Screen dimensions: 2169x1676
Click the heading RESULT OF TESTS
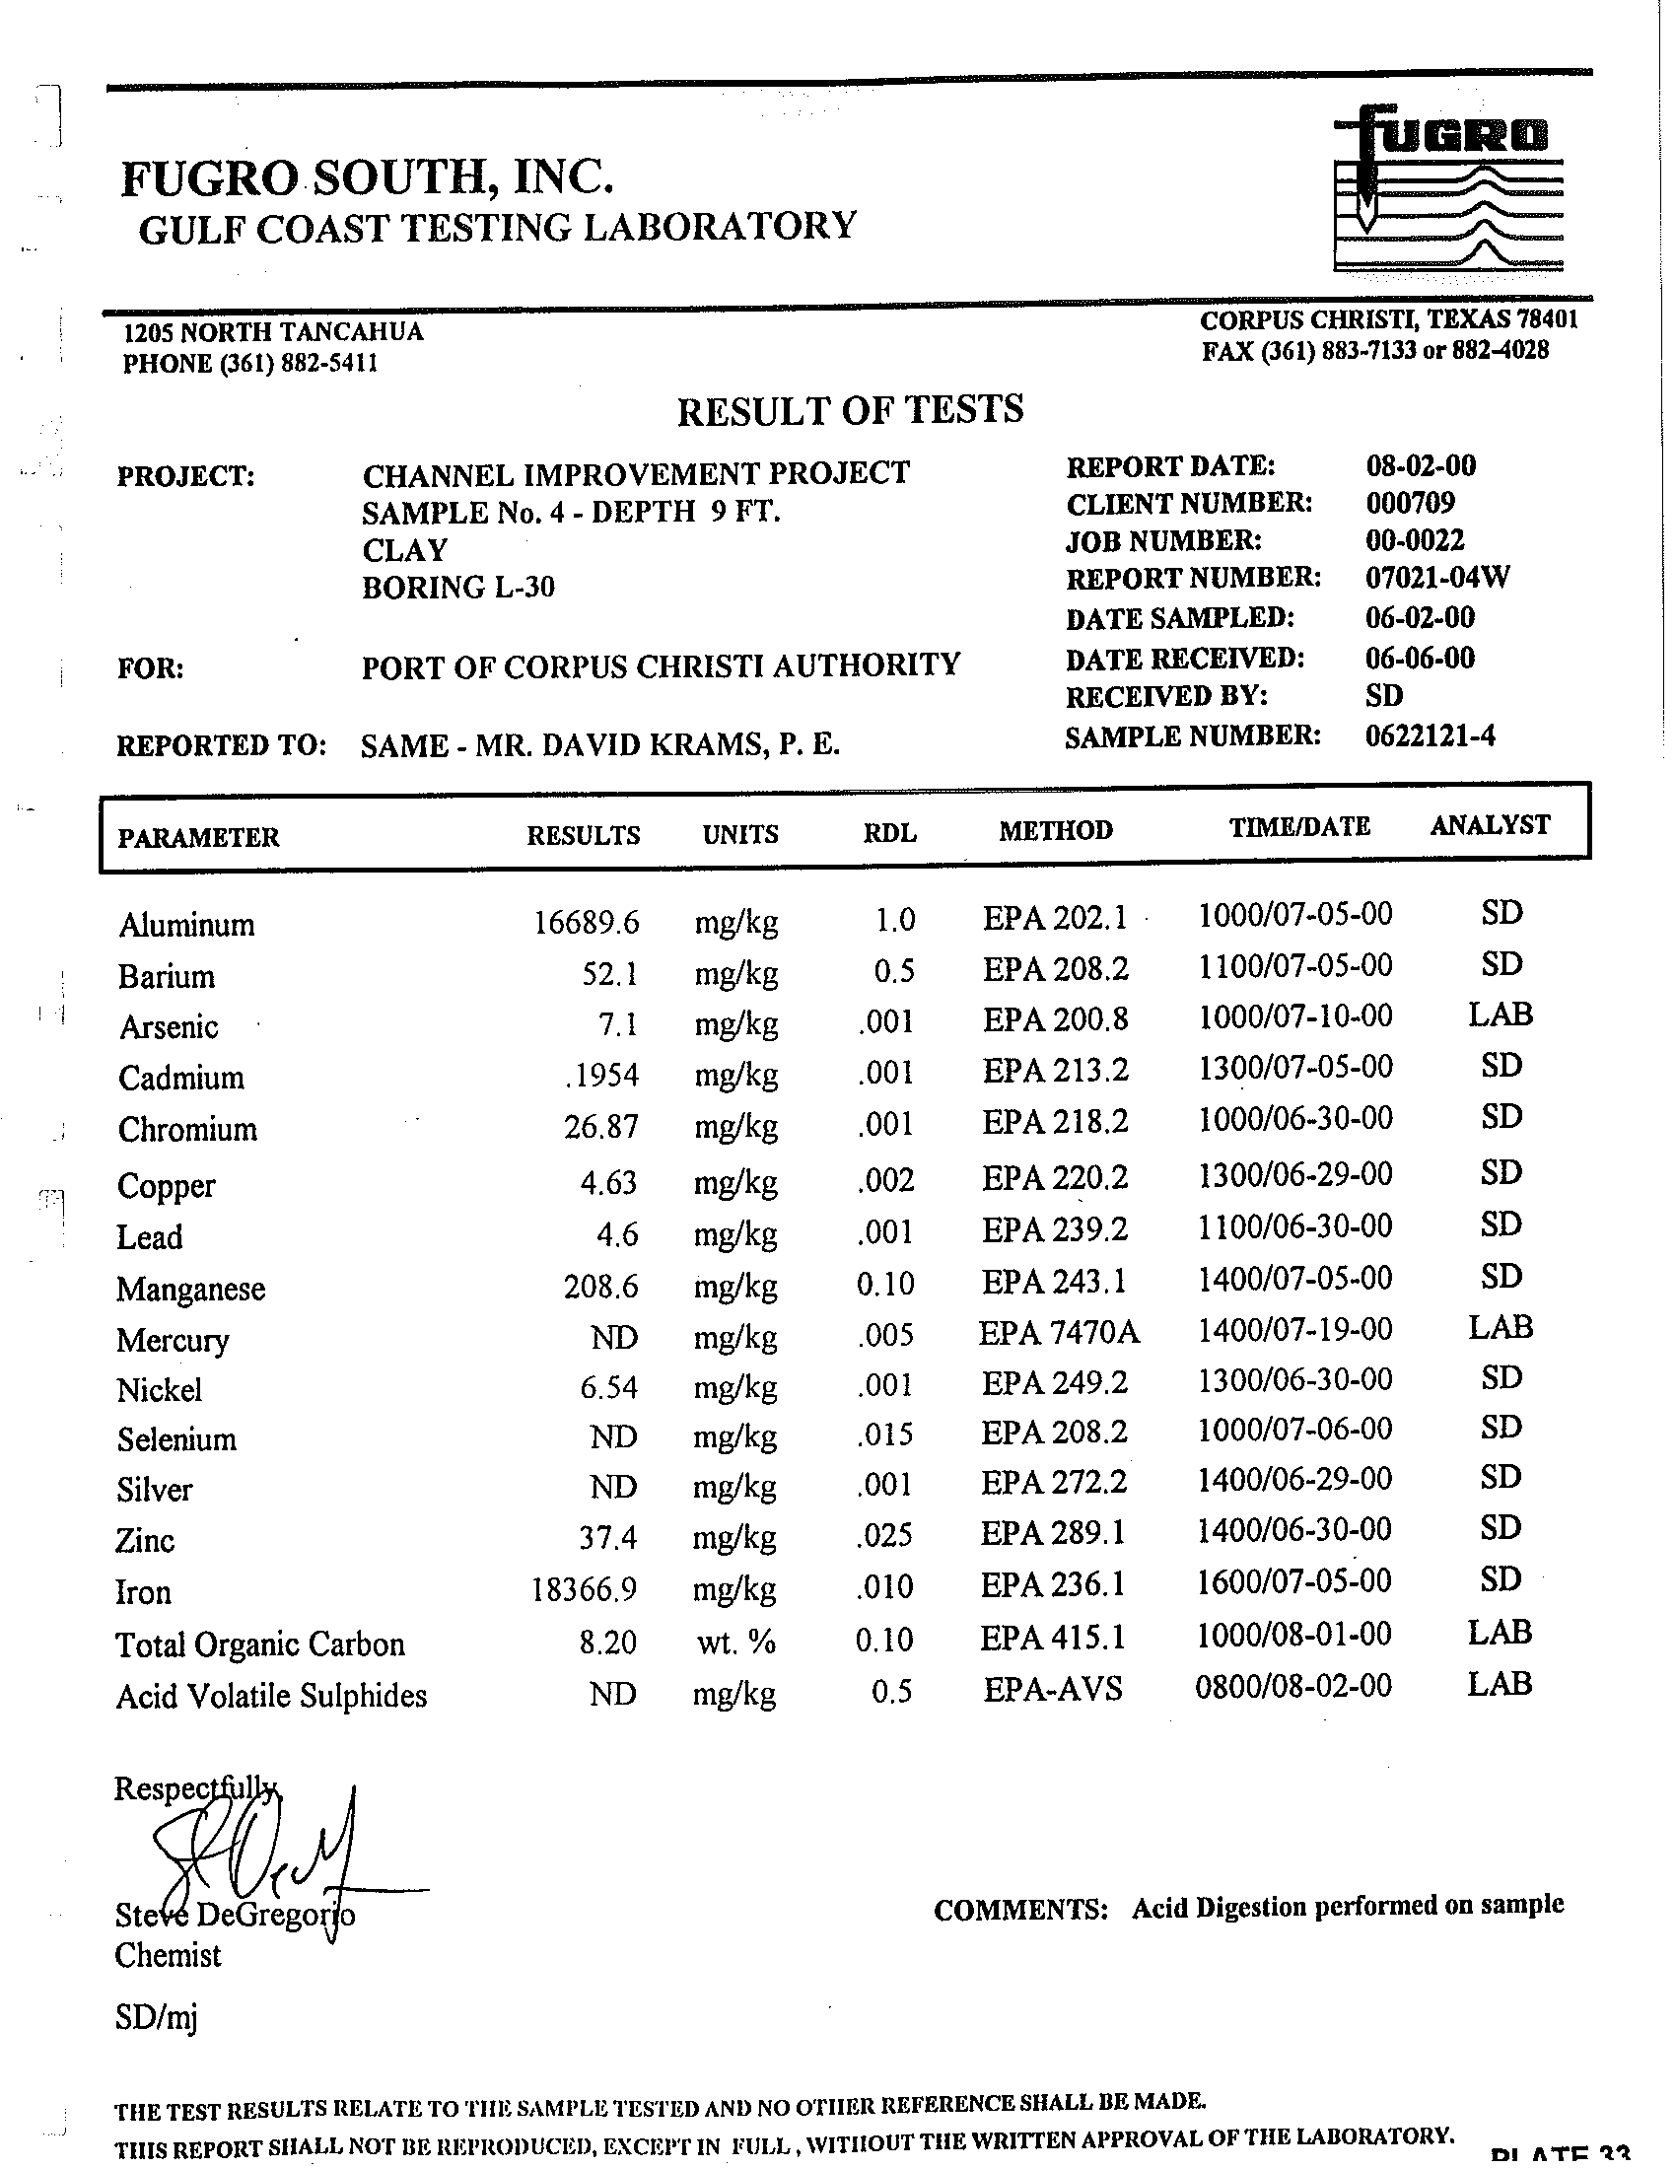click(850, 410)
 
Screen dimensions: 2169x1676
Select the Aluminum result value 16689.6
click(586, 924)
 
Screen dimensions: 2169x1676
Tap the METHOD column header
click(1056, 830)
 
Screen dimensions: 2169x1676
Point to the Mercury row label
click(173, 1340)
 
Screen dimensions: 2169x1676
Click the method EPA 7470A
click(1059, 1333)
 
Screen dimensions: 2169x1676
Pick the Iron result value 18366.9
click(584, 1590)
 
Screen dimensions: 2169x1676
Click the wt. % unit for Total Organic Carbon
click(735, 1642)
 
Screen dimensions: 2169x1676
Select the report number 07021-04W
click(1437, 578)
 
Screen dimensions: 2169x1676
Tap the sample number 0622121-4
click(1430, 735)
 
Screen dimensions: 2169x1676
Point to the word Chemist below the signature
click(168, 1955)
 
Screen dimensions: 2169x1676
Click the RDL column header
click(889, 833)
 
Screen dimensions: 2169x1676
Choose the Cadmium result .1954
click(600, 1076)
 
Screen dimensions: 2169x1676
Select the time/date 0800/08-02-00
click(1292, 1685)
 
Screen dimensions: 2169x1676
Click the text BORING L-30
click(457, 588)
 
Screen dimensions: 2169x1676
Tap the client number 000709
click(1410, 503)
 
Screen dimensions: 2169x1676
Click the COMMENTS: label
click(1019, 1910)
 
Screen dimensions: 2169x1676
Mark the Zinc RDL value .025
click(885, 1535)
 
